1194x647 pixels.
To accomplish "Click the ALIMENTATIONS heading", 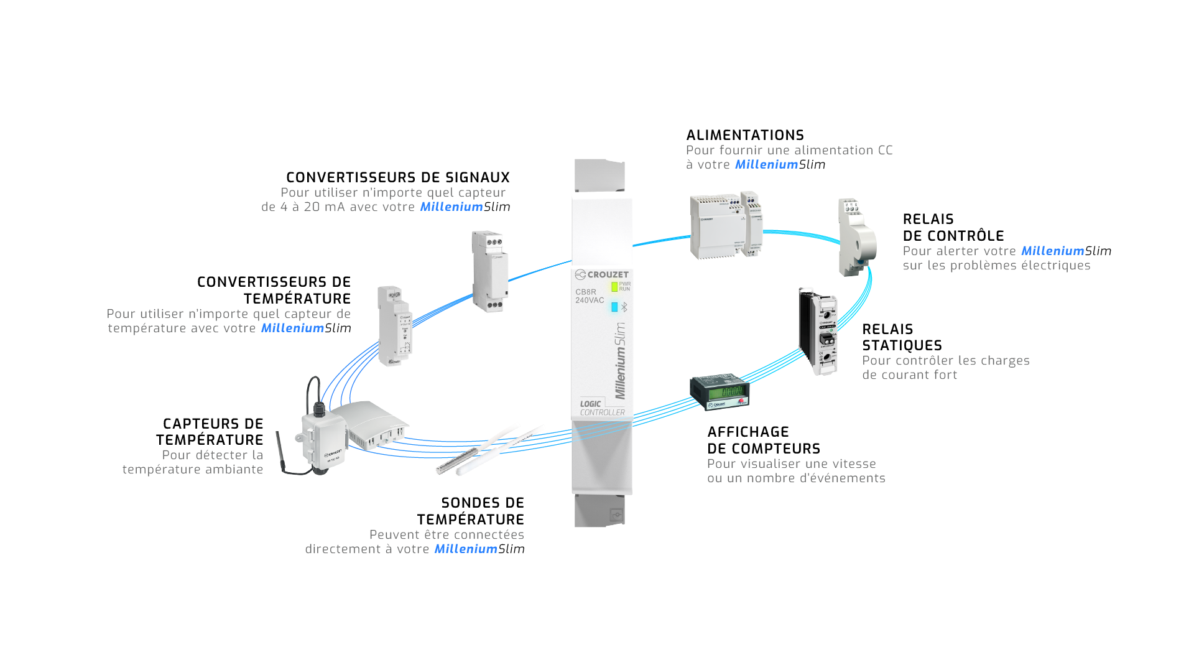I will click(x=744, y=135).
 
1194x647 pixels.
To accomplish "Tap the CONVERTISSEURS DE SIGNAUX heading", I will click(x=397, y=177).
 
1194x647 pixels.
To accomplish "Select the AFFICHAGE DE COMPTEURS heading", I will click(x=763, y=440).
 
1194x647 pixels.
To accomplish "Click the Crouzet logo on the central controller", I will click(x=601, y=274).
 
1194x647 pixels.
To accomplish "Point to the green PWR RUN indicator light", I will click(x=614, y=287).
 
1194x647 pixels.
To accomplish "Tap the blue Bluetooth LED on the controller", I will click(x=614, y=307).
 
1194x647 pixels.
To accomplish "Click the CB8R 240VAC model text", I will click(x=588, y=296).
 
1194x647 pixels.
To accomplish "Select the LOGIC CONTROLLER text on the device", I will click(x=601, y=408).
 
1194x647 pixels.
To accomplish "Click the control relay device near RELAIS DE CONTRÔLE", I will click(x=856, y=238).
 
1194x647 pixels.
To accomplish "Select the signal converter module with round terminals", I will click(x=489, y=271).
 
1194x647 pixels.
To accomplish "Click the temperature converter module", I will click(x=395, y=325).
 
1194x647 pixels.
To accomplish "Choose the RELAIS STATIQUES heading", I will click(x=901, y=337).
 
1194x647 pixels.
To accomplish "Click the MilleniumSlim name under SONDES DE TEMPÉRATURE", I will click(x=479, y=549).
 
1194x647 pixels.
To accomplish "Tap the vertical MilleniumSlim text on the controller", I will click(x=621, y=361).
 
